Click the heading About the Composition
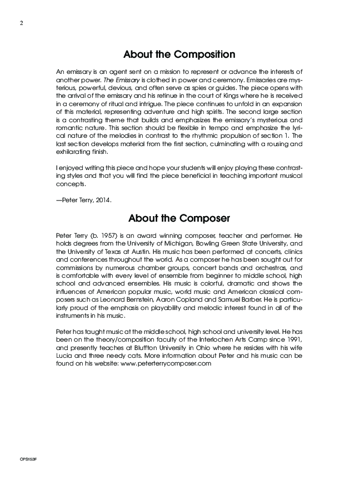[x=179, y=54]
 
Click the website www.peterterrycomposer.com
[x=166, y=363]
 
